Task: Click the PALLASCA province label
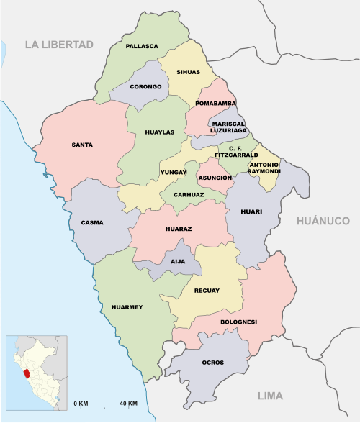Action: tap(142, 46)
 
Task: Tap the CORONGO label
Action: tap(145, 87)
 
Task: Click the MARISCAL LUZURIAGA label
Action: tap(228, 127)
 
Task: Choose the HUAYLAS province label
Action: tap(159, 132)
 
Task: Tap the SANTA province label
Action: tap(82, 145)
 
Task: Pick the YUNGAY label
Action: tap(174, 173)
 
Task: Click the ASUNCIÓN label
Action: tap(215, 177)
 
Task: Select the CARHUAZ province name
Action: tap(188, 194)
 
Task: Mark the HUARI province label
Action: tap(251, 211)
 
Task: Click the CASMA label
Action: tap(92, 222)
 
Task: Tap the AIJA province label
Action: tap(177, 262)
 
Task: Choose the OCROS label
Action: tap(213, 363)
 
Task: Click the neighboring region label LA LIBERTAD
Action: tap(60, 45)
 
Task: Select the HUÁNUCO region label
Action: tap(323, 222)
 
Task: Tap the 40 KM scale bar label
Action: tap(128, 402)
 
